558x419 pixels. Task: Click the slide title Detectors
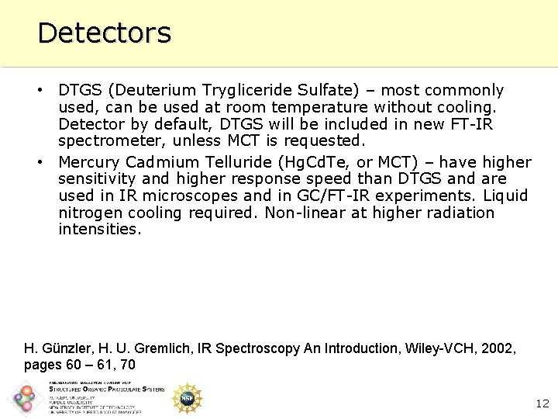point(104,33)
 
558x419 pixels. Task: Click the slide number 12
point(542,403)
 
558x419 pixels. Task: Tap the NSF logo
point(187,398)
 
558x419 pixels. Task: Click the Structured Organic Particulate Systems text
point(107,390)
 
